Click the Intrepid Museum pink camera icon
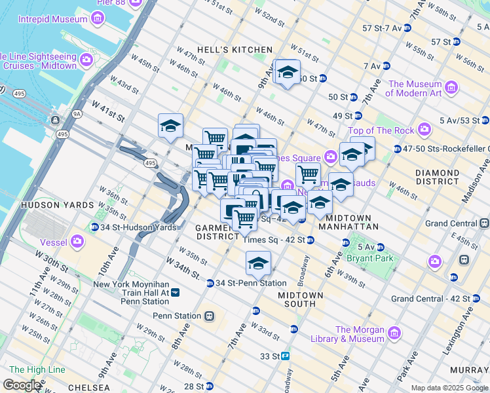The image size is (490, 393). point(97,19)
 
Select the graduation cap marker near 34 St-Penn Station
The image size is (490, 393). point(258,263)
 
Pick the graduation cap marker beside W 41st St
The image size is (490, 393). point(170,126)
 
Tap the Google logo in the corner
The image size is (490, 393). point(22,385)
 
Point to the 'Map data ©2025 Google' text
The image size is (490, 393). point(449,388)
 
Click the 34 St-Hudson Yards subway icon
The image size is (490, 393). point(96,227)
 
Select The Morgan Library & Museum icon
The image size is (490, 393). point(394,333)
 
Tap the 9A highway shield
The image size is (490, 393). point(77,113)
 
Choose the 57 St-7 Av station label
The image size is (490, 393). point(380,28)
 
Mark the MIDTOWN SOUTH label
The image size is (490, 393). point(301,300)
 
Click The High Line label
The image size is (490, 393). point(37,370)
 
